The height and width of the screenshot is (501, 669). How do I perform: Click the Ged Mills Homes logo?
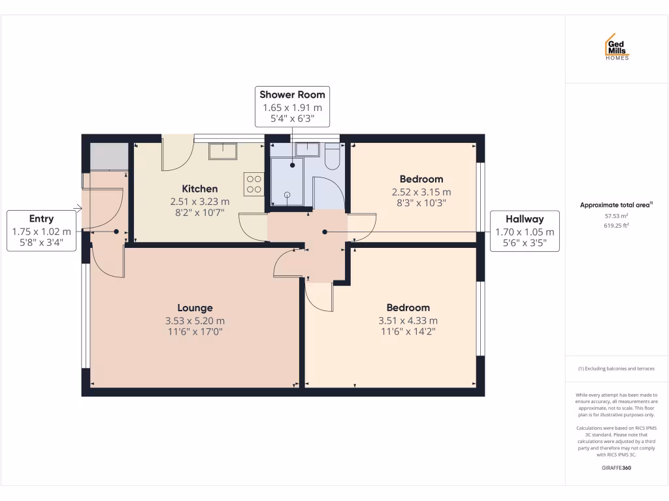pyautogui.click(x=617, y=47)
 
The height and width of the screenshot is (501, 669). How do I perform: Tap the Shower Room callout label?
pyautogui.click(x=292, y=106)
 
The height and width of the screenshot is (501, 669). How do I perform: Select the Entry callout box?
pyautogui.click(x=41, y=231)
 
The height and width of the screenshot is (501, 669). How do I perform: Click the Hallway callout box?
pyautogui.click(x=525, y=231)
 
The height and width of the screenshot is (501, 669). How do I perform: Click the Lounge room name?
pyautogui.click(x=195, y=308)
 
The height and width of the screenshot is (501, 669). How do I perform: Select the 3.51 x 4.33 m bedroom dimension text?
pyautogui.click(x=408, y=320)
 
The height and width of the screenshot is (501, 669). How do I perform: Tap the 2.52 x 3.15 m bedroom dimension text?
pyautogui.click(x=421, y=192)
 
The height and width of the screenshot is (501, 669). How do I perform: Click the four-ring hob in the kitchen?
pyautogui.click(x=253, y=183)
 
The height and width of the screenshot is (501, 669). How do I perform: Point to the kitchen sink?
pyautogui.click(x=223, y=151)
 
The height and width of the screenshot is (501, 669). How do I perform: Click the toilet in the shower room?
pyautogui.click(x=333, y=157)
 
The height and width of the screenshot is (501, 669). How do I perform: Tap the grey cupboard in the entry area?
pyautogui.click(x=108, y=157)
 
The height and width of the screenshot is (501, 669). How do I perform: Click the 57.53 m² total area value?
pyautogui.click(x=616, y=215)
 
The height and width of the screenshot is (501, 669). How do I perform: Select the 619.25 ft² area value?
pyautogui.click(x=616, y=225)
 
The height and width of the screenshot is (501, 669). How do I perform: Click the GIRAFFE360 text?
pyautogui.click(x=616, y=468)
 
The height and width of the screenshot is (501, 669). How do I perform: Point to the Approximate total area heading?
pyautogui.click(x=616, y=205)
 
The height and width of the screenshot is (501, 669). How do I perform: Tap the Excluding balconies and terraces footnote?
pyautogui.click(x=616, y=369)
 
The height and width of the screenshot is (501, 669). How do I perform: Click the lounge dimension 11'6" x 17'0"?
pyautogui.click(x=195, y=331)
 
